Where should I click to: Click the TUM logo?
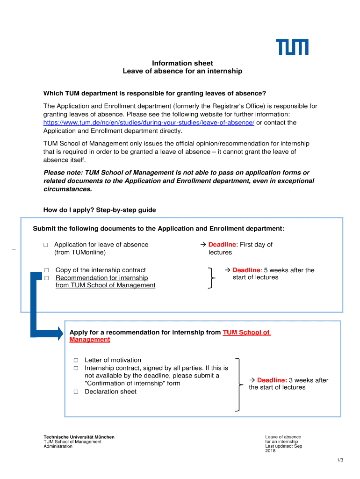[292, 47]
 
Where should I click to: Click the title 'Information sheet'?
[183, 63]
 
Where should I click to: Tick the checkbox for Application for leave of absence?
[46, 245]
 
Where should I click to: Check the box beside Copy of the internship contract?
[47, 270]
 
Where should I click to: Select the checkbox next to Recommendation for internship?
[47, 278]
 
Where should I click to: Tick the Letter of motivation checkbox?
[76, 360]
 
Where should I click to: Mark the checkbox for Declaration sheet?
[76, 392]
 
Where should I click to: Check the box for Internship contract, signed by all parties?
[76, 368]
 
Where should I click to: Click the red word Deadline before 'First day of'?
[223, 245]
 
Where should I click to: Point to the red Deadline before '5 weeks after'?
[246, 270]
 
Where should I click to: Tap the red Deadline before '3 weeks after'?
[271, 380]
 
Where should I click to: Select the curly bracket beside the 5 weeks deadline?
[212, 278]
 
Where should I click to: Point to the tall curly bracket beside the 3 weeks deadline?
[239, 385]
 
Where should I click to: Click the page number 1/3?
[340, 460]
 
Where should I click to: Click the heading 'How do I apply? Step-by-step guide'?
[100, 210]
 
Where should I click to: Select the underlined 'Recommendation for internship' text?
[101, 278]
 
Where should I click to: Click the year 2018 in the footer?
[271, 451]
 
